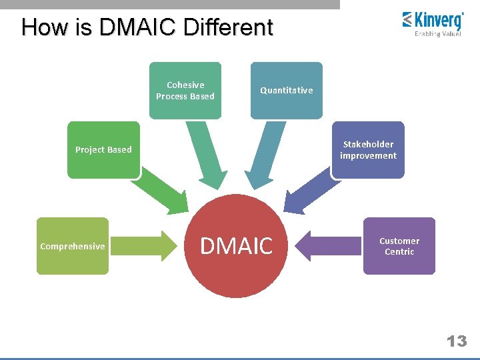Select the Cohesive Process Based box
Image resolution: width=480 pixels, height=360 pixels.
point(185,91)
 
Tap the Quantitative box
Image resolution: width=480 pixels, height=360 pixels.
point(286,91)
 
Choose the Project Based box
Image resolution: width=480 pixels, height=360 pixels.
point(103,150)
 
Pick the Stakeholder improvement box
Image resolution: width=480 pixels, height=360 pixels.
point(368,150)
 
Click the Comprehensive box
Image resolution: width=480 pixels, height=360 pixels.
point(72,246)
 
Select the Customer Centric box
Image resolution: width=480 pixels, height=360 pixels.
point(399,246)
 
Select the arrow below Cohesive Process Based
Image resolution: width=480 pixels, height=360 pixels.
point(207,156)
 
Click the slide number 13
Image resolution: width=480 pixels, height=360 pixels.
point(456,341)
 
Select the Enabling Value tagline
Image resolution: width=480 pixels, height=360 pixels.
point(438,34)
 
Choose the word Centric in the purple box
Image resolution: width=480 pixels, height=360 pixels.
point(399,252)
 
